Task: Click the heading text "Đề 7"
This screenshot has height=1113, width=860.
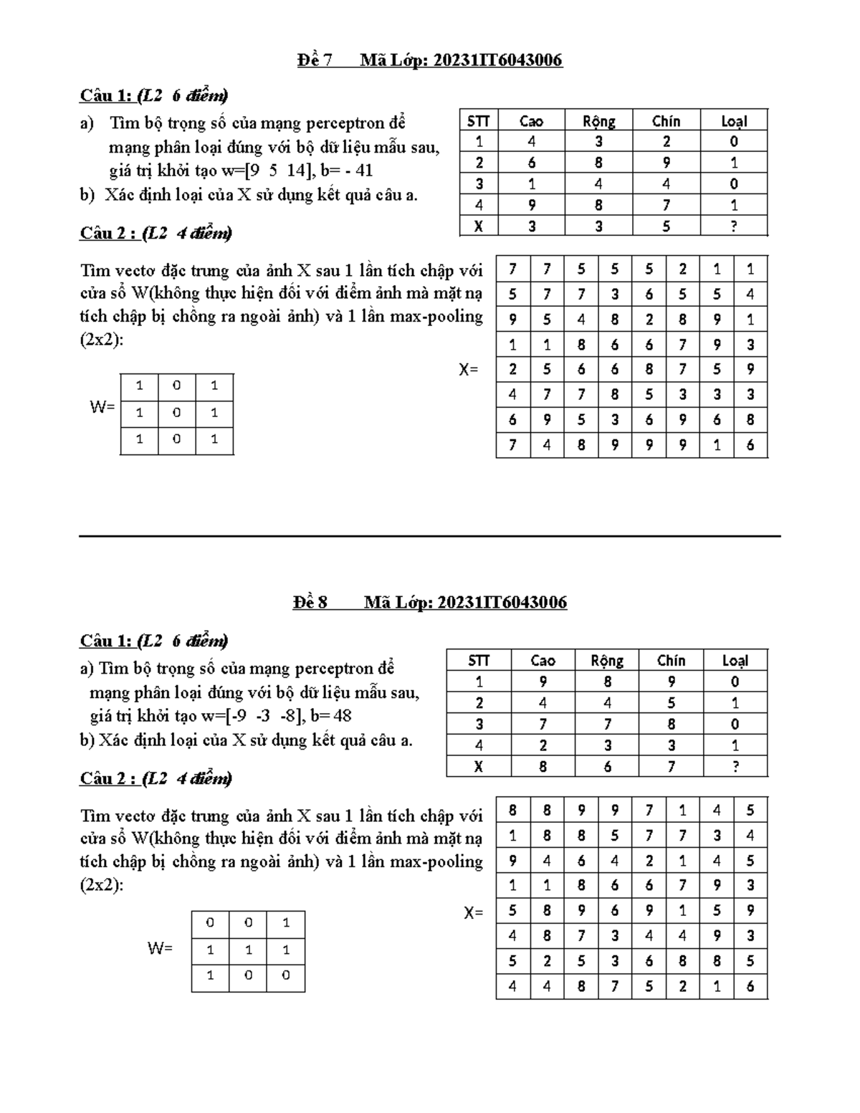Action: point(315,60)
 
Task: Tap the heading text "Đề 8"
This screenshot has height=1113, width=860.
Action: point(310,602)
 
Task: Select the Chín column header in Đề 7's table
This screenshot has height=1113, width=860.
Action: point(666,121)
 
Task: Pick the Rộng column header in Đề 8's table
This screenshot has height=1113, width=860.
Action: point(607,660)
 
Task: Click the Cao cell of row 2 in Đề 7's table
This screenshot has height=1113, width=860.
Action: point(531,163)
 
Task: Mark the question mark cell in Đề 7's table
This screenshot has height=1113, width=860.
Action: point(734,226)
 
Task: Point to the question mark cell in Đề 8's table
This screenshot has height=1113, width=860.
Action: point(735,767)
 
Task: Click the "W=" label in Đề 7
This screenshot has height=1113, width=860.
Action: point(102,407)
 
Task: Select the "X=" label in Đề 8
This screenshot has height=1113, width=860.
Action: point(473,913)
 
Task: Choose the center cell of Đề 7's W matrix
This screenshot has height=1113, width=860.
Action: point(176,414)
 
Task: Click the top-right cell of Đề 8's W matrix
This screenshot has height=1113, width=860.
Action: point(286,923)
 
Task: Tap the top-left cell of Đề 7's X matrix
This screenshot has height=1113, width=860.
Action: point(512,269)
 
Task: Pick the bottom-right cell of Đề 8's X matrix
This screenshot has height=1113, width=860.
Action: point(750,986)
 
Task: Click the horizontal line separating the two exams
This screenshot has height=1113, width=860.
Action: point(430,535)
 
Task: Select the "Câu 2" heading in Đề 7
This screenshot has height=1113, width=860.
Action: point(107,233)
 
